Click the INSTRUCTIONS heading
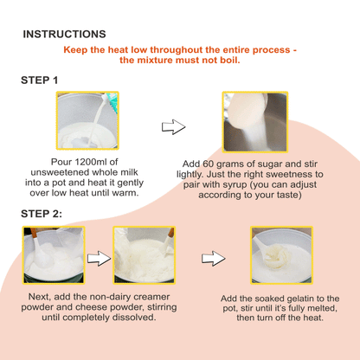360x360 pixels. pyautogui.click(x=64, y=34)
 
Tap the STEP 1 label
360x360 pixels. pyautogui.click(x=40, y=80)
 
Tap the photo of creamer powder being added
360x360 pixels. pyautogui.click(x=53, y=255)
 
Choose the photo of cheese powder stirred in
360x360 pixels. pyautogui.click(x=144, y=255)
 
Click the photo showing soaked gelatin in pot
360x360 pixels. pyautogui.click(x=280, y=255)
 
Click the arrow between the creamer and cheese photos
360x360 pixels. pyautogui.click(x=100, y=257)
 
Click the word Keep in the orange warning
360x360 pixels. pyautogui.click(x=77, y=50)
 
